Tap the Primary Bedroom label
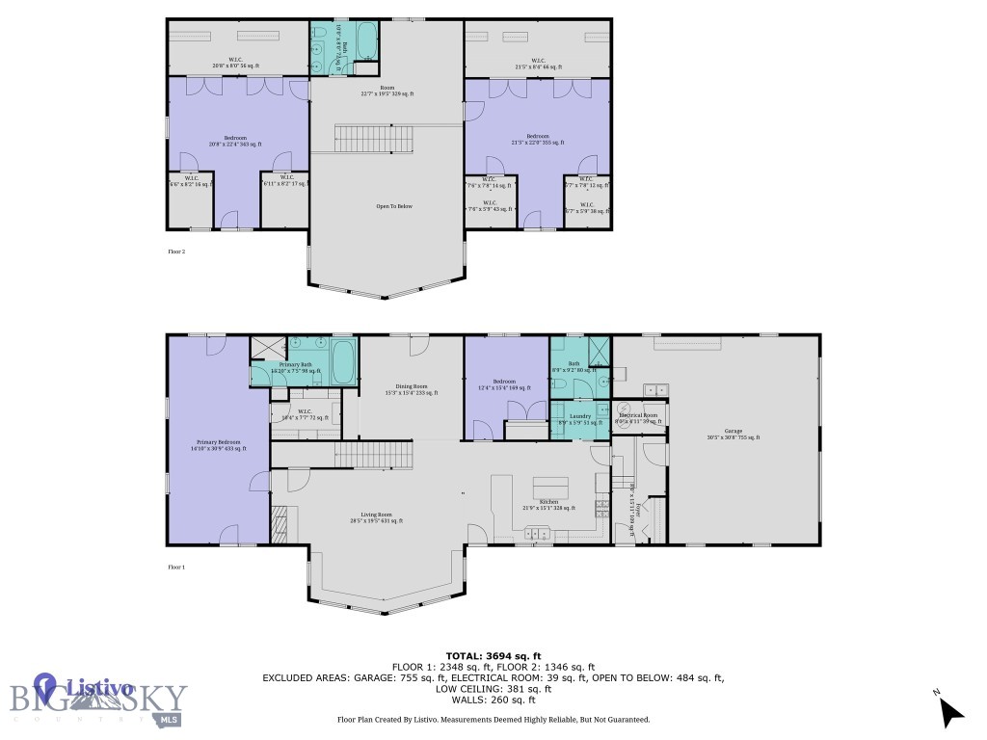point(216,444)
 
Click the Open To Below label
point(394,206)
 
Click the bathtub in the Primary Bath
point(342,361)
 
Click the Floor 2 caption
point(176,251)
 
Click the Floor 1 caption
point(176,568)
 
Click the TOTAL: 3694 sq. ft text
point(493,654)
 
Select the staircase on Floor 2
point(374,139)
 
